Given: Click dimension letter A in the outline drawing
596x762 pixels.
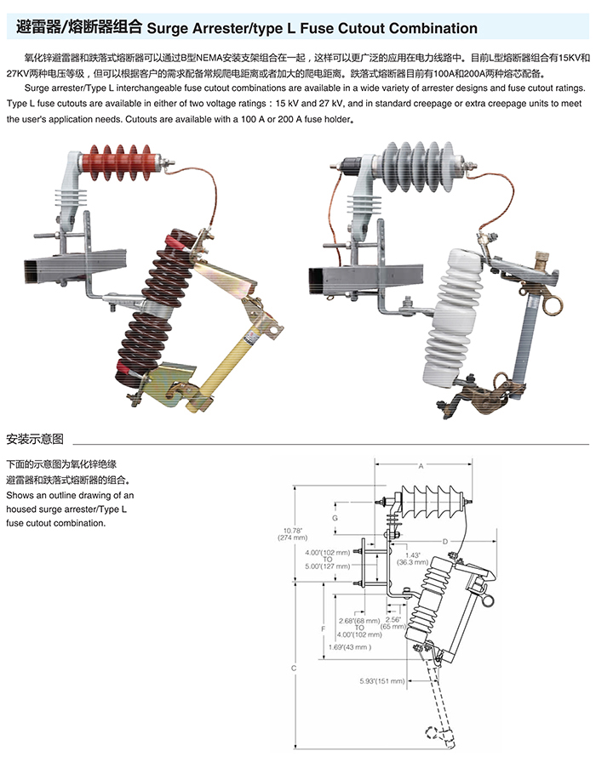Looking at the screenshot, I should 421,466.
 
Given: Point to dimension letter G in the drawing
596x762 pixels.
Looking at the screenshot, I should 335,518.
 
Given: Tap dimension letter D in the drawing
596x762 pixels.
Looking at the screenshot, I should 444,541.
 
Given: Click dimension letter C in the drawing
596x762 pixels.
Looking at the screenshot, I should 293,668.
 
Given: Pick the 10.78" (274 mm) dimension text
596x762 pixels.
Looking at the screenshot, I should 293,534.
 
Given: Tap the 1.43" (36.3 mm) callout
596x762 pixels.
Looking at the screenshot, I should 416,557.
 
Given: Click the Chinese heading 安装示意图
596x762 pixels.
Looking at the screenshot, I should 35,440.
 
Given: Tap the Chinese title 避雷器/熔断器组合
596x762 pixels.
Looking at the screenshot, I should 79,27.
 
